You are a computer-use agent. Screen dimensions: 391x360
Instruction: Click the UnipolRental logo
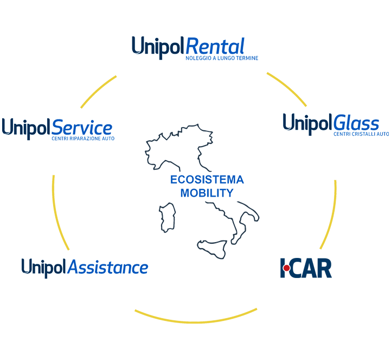point(195,48)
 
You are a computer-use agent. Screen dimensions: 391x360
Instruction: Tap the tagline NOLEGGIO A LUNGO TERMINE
point(222,58)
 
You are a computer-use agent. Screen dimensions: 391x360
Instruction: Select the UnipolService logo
point(58,129)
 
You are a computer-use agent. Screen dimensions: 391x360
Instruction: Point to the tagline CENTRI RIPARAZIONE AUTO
point(83,138)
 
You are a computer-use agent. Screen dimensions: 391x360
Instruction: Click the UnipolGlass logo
point(336,124)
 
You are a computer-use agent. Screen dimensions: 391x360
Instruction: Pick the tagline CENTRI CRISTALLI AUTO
point(361,134)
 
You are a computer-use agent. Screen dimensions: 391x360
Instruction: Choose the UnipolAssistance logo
point(85,268)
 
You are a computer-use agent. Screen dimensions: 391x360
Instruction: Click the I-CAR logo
point(306,268)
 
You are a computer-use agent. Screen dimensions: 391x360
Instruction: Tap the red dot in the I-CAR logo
point(287,268)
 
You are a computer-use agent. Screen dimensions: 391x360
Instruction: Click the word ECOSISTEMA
point(207,180)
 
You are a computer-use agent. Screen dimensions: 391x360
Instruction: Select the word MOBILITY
point(207,193)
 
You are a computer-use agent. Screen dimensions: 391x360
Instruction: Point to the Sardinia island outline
point(168,217)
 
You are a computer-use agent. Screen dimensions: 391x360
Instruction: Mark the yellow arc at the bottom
point(196,323)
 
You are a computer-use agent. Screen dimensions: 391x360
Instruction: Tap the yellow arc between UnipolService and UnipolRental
point(97,90)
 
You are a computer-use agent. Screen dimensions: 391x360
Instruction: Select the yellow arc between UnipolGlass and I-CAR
point(332,215)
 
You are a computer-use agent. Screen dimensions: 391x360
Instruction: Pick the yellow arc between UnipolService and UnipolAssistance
point(57,214)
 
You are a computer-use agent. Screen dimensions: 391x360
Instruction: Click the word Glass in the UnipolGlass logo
point(356,123)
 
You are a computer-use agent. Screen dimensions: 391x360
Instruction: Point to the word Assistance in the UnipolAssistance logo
point(108,267)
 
